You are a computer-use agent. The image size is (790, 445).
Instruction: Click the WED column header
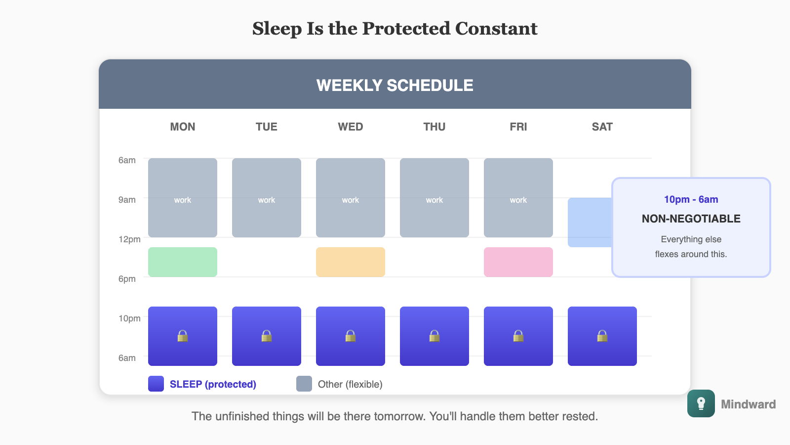coord(350,127)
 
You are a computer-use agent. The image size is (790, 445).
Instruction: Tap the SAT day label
coord(602,127)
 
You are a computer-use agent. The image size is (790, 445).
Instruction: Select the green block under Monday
coord(183,262)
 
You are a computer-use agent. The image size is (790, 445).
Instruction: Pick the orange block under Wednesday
coord(351,262)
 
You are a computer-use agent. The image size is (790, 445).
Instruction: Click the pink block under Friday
coord(518,262)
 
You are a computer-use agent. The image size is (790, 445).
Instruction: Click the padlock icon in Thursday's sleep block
coord(434,336)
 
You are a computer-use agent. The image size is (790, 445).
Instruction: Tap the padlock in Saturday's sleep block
coord(602,336)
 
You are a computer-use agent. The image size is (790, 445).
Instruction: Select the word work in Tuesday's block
coord(267,200)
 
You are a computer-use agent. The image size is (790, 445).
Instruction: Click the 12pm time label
coord(129,239)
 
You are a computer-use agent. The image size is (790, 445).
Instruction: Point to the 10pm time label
coord(129,318)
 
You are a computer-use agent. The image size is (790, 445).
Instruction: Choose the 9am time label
coord(127,200)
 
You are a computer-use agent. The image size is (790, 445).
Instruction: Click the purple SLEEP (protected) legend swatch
coord(156,384)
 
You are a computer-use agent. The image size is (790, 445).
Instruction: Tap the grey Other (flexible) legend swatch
coord(304,384)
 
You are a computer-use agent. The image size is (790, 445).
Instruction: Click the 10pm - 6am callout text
coord(691,199)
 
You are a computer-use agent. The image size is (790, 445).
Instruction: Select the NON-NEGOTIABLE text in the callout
coord(691,219)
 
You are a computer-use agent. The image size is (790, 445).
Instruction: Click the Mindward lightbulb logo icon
coord(701,403)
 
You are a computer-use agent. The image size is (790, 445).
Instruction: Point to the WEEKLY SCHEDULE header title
coord(395,85)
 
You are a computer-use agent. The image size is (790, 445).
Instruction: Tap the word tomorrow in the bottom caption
coord(399,416)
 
